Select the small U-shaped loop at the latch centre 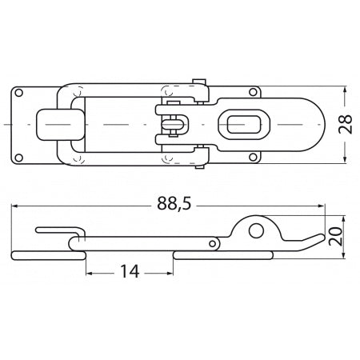[x=177, y=125]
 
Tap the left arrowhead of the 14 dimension [x=88, y=272]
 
